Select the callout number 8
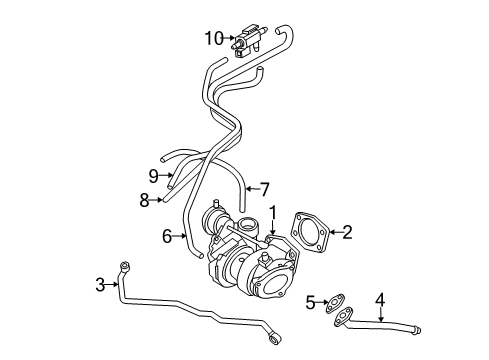(x=145, y=200)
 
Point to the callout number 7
(x=265, y=187)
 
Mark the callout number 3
(x=100, y=286)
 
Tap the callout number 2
(x=347, y=233)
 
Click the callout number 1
(x=271, y=212)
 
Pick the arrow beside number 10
(x=230, y=39)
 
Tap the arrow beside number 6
(x=181, y=236)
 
